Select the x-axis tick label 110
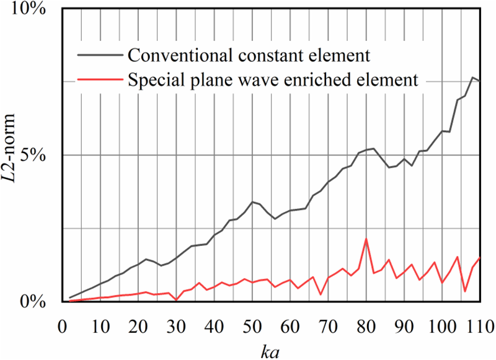pyautogui.click(x=479, y=325)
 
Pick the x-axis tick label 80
pyautogui.click(x=366, y=325)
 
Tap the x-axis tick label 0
pyautogui.click(x=62, y=325)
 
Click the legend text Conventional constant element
pyautogui.click(x=248, y=56)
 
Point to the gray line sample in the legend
pyautogui.click(x=100, y=56)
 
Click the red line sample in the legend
pyautogui.click(x=100, y=79)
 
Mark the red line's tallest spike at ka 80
pyautogui.click(x=366, y=239)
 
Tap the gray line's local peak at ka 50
pyautogui.click(x=252, y=202)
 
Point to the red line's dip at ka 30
pyautogui.click(x=176, y=300)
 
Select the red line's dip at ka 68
pyautogui.click(x=321, y=294)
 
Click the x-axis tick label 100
pyautogui.click(x=441, y=325)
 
